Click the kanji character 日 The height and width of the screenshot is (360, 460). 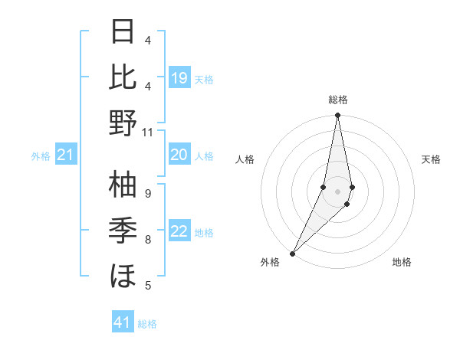click(123, 32)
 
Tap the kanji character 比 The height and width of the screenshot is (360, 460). click(123, 77)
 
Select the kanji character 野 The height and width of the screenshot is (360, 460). click(123, 122)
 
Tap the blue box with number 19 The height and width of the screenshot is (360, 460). click(179, 78)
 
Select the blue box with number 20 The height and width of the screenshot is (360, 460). click(179, 155)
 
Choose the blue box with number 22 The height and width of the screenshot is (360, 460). click(179, 232)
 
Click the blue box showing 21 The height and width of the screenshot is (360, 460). click(66, 155)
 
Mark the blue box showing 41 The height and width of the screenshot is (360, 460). click(123, 322)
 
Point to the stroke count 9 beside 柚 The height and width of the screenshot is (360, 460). click(147, 193)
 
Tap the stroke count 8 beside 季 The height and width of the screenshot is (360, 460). click(147, 240)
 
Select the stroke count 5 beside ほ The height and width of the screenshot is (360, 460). click(147, 286)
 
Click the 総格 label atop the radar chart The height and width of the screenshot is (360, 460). click(337, 100)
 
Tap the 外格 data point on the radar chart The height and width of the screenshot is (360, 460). click(292, 253)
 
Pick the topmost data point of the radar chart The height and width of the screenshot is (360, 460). click(337, 116)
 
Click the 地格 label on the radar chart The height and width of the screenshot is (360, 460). click(402, 262)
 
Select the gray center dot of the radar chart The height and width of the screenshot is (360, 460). click(337, 191)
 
